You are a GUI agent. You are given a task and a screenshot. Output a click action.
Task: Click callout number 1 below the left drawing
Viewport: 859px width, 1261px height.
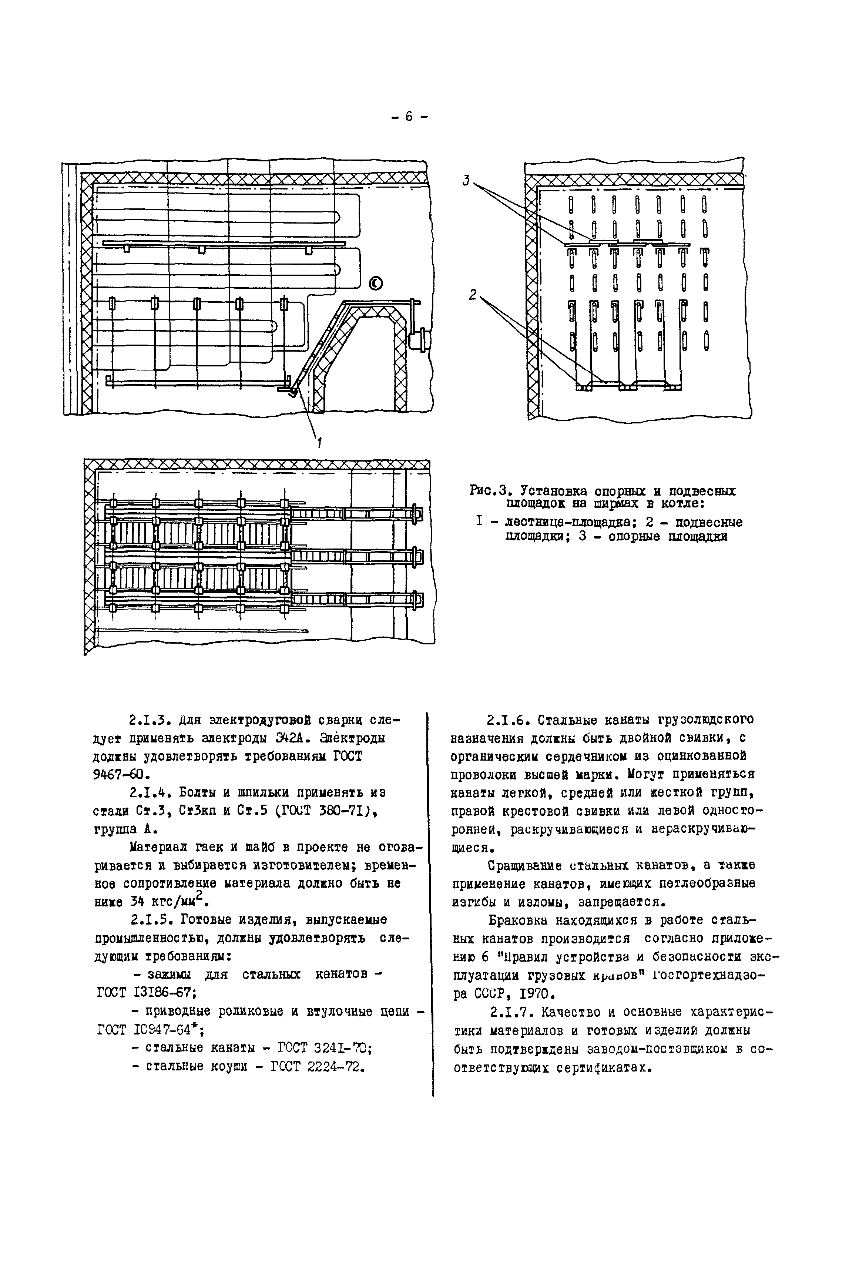click(x=319, y=443)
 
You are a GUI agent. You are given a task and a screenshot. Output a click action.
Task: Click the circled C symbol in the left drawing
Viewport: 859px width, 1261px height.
click(x=376, y=283)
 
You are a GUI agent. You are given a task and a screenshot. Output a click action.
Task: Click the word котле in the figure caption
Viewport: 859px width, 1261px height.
click(x=684, y=504)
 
